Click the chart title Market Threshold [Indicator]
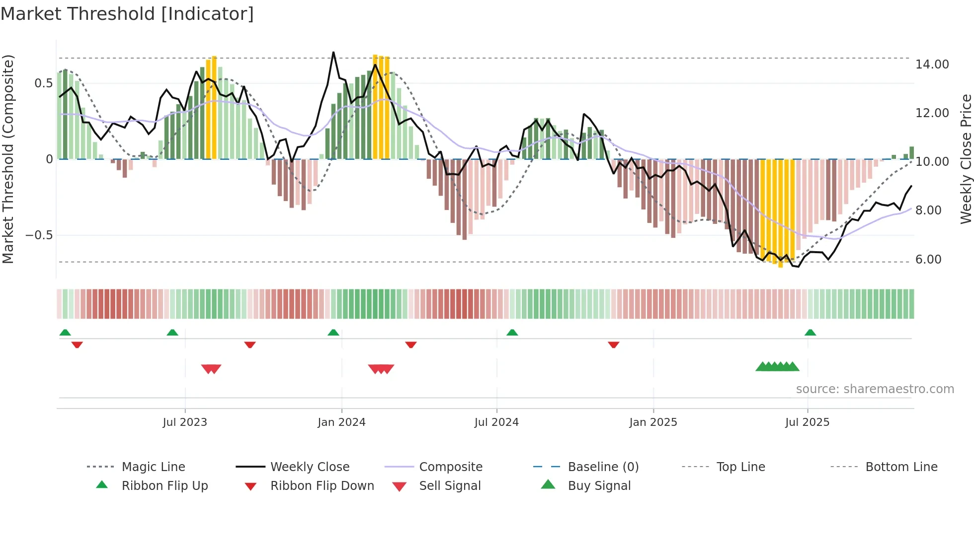[x=127, y=14]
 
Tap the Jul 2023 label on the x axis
[x=185, y=422]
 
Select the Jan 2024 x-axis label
[x=341, y=422]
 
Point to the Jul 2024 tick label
[x=496, y=422]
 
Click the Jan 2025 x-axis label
[x=653, y=422]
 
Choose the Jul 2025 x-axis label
[x=808, y=422]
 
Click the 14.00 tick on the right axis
[x=932, y=65]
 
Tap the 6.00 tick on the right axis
[x=928, y=260]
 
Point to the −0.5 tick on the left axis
[x=39, y=235]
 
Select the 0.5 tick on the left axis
[x=44, y=83]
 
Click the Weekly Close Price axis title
[x=966, y=159]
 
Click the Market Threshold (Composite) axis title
[x=8, y=159]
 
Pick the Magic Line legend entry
[x=153, y=467]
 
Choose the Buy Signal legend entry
[x=599, y=486]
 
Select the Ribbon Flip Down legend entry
[x=322, y=486]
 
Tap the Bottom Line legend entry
[x=901, y=467]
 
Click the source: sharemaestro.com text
[x=875, y=389]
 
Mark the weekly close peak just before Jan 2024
[x=333, y=52]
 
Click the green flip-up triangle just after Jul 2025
[x=810, y=333]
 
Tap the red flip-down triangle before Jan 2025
[x=614, y=344]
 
